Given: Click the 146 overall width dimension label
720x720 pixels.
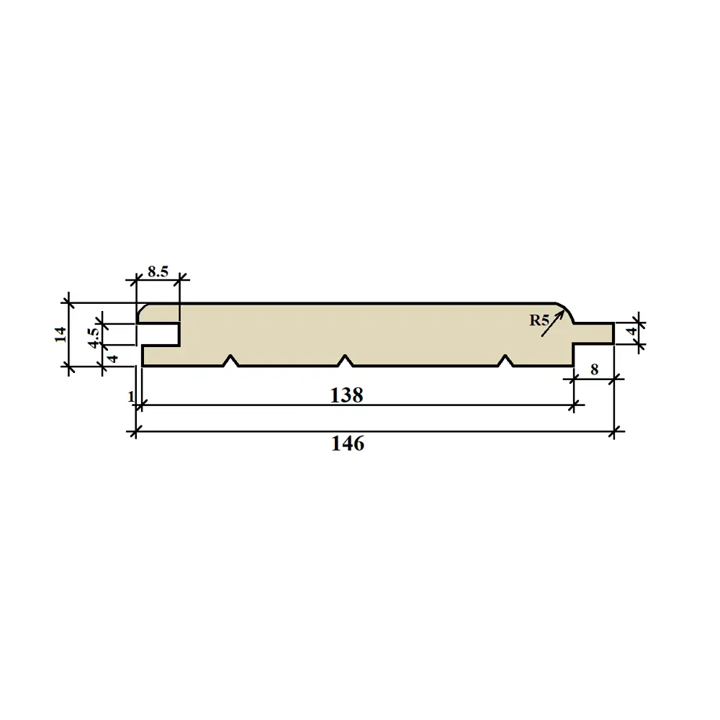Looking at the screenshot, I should (348, 444).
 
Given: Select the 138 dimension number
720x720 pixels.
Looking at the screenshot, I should (347, 395).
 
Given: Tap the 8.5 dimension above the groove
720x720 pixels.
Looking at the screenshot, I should (158, 271).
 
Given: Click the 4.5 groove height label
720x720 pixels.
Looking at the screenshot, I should (92, 336).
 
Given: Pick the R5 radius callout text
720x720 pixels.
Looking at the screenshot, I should (539, 320).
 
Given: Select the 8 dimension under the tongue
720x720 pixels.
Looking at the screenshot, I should (594, 369).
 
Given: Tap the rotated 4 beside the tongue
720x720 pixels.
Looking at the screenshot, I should (632, 333).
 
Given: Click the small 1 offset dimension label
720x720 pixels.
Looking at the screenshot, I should (130, 397).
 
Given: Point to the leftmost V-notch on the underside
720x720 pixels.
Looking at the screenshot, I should (231, 360).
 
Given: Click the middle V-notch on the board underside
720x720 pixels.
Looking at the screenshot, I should (346, 360).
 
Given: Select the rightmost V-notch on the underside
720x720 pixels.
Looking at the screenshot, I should (506, 360).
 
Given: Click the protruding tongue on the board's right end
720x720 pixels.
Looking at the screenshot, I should (594, 333).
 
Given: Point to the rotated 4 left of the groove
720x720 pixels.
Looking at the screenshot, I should (112, 357).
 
